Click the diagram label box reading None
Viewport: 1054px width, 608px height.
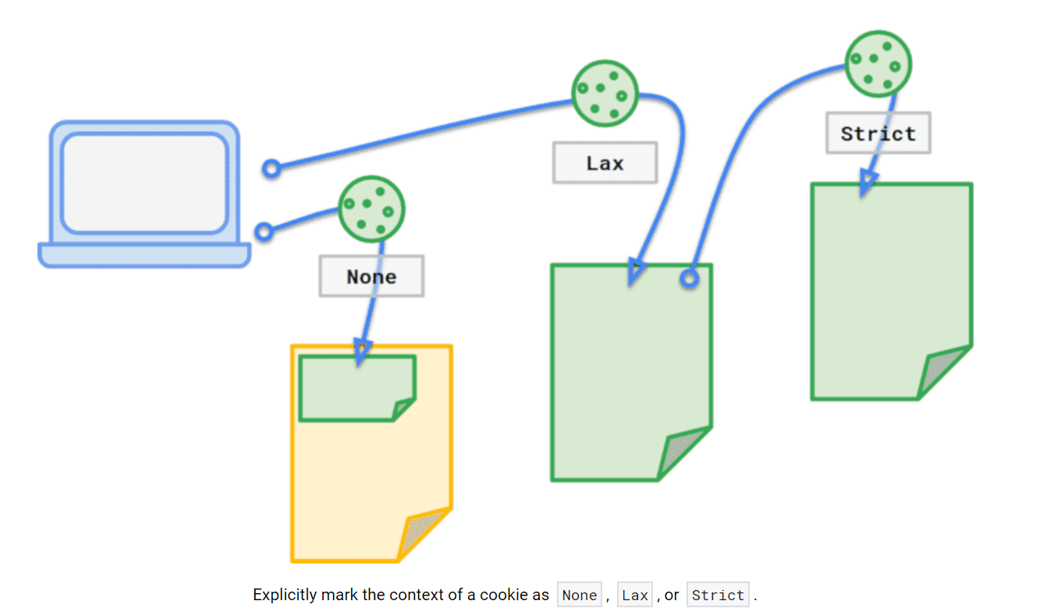[371, 276]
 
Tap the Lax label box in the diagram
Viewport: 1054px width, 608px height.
[605, 163]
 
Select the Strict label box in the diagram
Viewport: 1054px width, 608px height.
[878, 133]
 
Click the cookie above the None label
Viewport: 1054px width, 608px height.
[371, 208]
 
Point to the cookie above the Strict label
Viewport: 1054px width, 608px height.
[878, 64]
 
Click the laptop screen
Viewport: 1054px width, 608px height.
[144, 183]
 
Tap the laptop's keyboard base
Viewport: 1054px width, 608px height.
[144, 255]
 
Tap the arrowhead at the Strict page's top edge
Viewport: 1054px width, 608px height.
[867, 184]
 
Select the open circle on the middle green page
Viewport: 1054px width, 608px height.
[689, 278]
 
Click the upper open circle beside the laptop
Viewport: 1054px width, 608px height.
[271, 168]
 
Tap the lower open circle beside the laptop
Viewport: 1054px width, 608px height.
[264, 232]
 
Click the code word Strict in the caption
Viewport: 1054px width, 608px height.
[718, 596]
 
